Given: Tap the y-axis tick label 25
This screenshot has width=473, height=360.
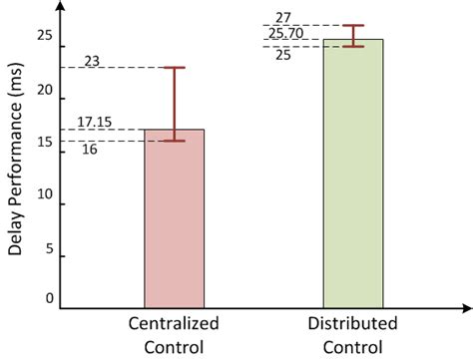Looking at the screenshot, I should click(x=44, y=36).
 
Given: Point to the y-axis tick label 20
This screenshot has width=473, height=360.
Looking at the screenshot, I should click(x=44, y=90).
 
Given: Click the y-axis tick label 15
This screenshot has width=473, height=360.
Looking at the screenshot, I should click(x=44, y=144).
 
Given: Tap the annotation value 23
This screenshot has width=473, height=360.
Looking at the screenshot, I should click(x=93, y=61).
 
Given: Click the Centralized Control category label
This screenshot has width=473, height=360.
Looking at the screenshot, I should click(x=175, y=336).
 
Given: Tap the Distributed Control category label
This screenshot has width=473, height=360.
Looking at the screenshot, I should click(x=352, y=336).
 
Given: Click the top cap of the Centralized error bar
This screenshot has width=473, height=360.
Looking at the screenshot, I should click(x=175, y=68).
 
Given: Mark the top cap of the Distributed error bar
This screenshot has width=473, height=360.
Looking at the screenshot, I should click(x=353, y=25).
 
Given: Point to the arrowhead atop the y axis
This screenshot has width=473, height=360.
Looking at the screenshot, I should click(x=62, y=7).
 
